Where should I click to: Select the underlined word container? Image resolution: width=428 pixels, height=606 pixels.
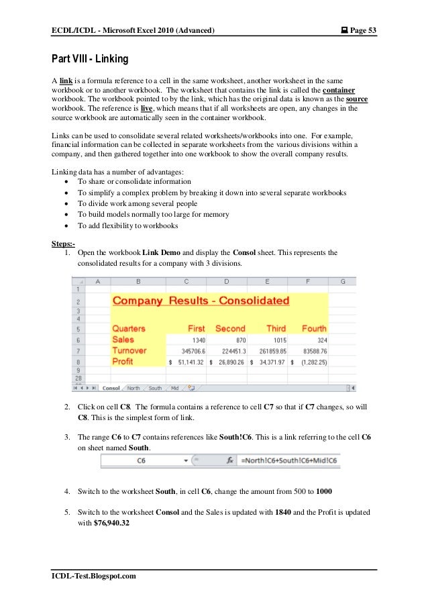339,89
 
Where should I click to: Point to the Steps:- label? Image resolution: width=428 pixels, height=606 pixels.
64,242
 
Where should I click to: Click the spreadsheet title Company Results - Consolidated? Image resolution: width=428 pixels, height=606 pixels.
201,301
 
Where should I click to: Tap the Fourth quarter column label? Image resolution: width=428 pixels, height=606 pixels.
314,329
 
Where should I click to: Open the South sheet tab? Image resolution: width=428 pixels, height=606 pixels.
156,388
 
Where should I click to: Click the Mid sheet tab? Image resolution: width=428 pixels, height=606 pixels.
174,388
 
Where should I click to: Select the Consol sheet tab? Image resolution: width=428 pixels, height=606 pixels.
111,388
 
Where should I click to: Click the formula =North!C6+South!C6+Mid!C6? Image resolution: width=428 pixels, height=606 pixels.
290,461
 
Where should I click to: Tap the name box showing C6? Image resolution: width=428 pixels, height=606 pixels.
142,461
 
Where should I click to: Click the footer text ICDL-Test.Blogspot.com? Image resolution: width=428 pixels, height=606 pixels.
94,576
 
